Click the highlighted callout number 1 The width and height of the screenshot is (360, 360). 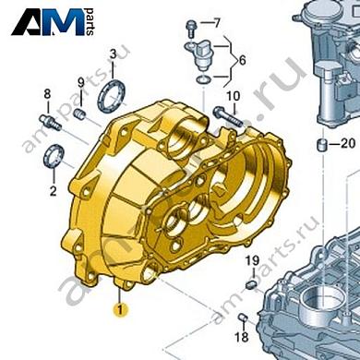[x=120, y=309]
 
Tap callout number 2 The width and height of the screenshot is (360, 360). [x=54, y=191]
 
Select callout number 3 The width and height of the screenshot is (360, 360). [x=113, y=55]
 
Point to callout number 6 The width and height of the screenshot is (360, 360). [x=243, y=60]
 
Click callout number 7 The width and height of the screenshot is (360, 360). [x=217, y=23]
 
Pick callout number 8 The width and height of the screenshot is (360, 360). [x=47, y=94]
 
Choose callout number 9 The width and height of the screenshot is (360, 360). [x=80, y=82]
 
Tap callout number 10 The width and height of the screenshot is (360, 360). [x=234, y=96]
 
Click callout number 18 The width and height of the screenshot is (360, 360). [x=242, y=337]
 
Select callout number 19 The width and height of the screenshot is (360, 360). [x=253, y=261]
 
